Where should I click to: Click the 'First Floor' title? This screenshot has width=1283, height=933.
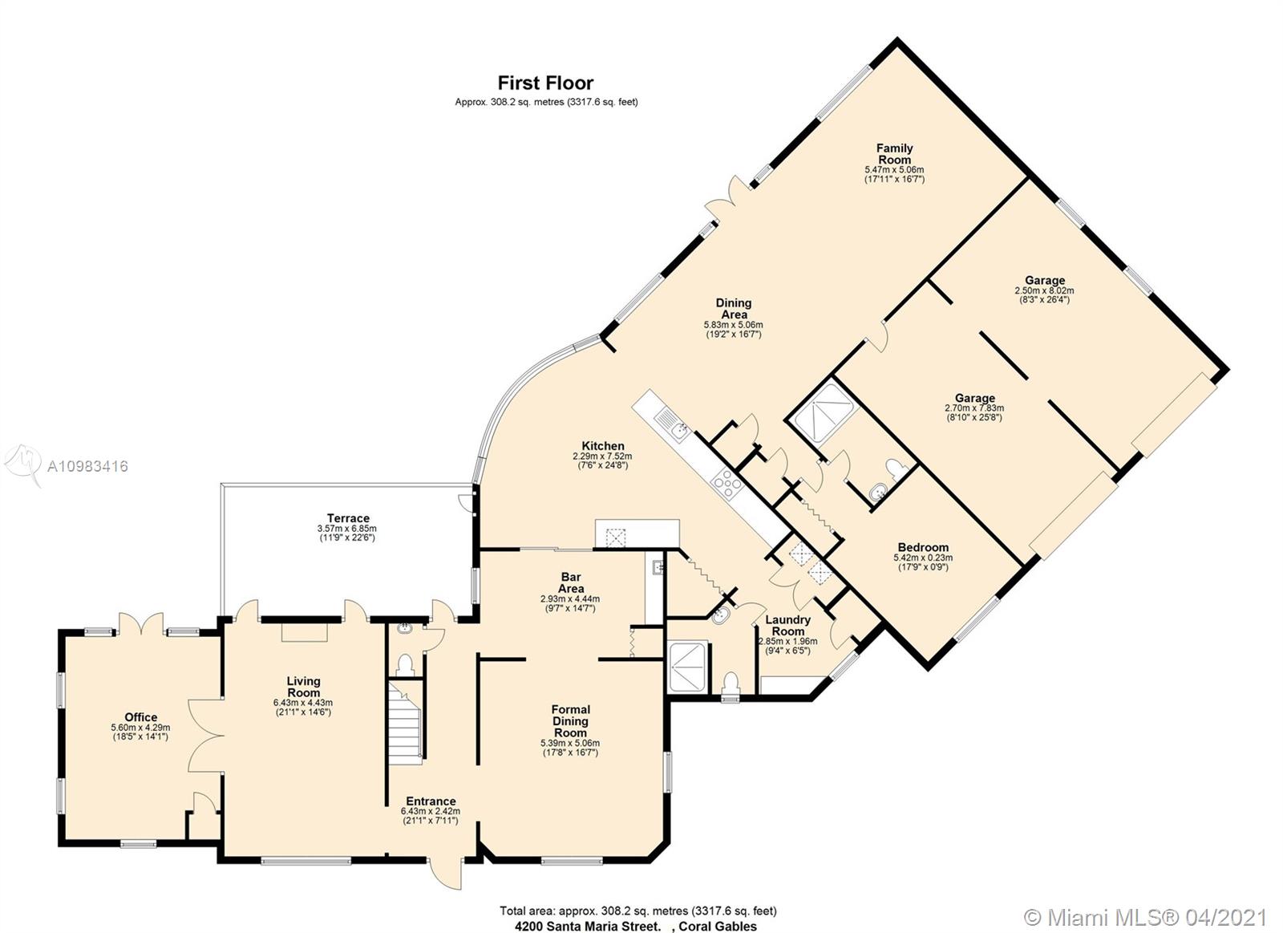click(x=545, y=83)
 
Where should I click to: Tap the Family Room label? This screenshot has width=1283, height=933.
click(x=894, y=153)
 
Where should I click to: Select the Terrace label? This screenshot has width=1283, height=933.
click(x=348, y=518)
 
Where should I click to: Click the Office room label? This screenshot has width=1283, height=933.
click(x=141, y=717)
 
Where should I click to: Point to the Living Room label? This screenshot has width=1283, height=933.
click(x=304, y=687)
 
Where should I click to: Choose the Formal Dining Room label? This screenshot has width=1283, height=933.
click(x=570, y=721)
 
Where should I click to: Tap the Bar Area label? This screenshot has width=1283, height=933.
click(x=570, y=582)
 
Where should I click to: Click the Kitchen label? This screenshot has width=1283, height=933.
click(x=602, y=446)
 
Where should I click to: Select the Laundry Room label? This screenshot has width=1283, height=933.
click(x=787, y=625)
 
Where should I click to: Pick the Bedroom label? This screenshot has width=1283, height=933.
click(x=923, y=547)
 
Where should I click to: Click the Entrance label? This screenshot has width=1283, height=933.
click(x=431, y=801)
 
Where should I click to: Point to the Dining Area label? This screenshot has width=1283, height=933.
click(x=734, y=308)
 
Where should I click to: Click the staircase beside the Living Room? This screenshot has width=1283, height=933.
click(x=406, y=722)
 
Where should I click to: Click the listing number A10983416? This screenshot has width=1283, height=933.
click(x=87, y=467)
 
